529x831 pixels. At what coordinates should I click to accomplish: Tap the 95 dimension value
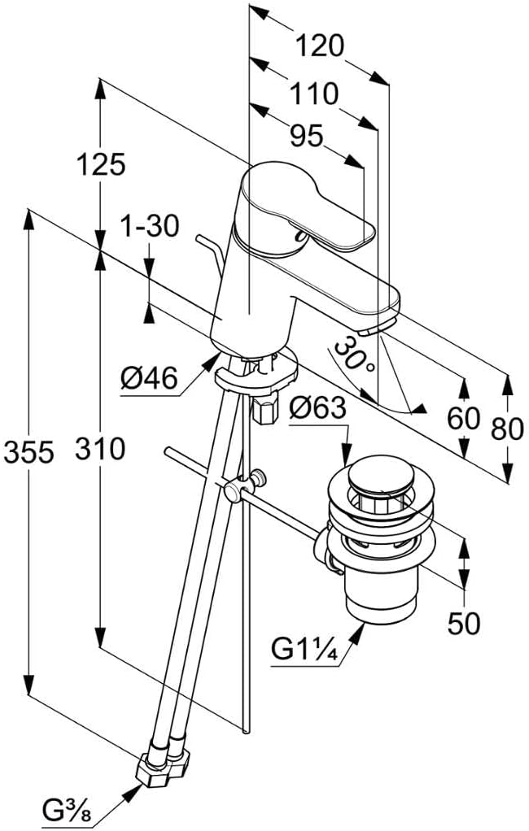(x=306, y=137)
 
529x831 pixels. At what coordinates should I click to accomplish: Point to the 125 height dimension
(x=102, y=164)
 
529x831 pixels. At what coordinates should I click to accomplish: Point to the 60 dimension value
(x=464, y=420)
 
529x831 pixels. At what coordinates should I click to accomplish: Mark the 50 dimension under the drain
(x=464, y=622)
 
